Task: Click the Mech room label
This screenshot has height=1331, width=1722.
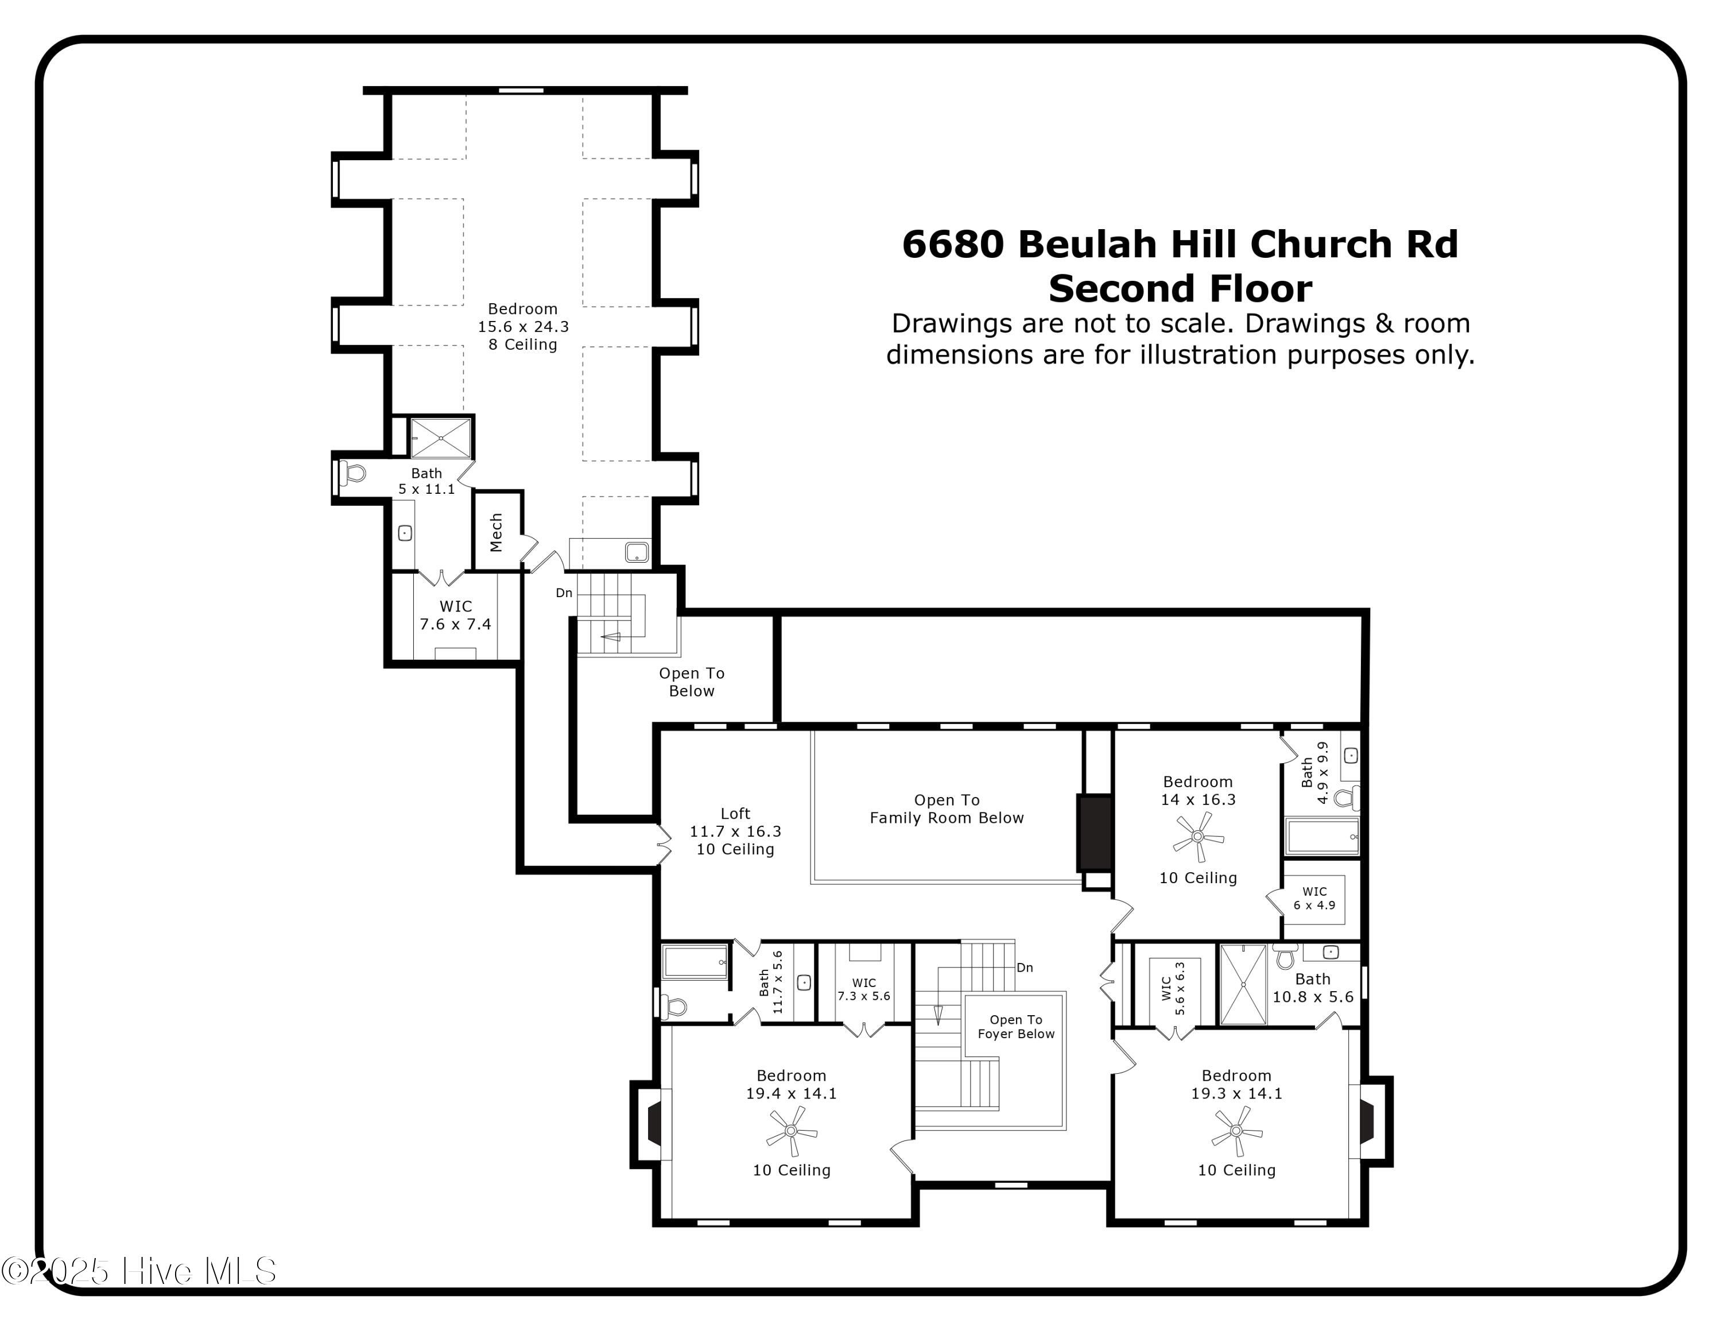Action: [496, 532]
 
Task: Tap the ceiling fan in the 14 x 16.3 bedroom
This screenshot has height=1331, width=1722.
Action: [1199, 837]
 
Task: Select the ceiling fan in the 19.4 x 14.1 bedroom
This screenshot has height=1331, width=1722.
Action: [792, 1131]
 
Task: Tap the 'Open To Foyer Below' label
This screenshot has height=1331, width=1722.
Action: [1015, 1027]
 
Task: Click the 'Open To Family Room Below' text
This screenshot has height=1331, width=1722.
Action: [946, 809]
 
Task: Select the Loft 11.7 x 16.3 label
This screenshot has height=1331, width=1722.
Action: [735, 831]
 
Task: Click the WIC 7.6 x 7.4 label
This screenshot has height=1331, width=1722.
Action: [455, 615]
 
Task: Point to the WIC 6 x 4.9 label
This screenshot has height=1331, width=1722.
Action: [1314, 898]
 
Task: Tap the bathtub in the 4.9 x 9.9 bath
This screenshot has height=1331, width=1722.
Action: [1322, 837]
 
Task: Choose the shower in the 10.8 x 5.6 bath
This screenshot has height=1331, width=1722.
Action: [1243, 984]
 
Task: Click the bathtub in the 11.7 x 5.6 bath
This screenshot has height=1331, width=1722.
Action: [696, 962]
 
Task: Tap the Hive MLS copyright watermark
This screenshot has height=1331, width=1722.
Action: [139, 1271]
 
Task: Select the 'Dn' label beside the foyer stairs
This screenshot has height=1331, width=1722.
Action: [1024, 968]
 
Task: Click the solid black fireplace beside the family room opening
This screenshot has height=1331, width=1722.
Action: [1095, 833]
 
